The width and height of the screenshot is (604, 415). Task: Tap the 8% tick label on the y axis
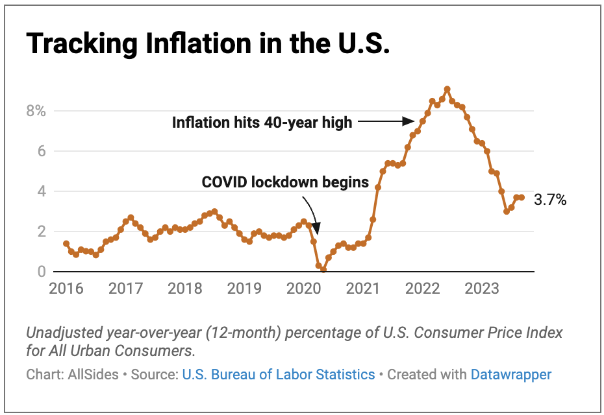[x=36, y=111]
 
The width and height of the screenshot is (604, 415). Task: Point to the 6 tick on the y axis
[x=40, y=151]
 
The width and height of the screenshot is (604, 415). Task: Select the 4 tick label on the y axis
[x=40, y=191]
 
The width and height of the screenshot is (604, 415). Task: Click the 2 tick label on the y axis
[x=40, y=231]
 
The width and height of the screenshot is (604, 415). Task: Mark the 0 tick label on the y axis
[x=40, y=272]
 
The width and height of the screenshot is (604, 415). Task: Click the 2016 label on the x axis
[x=66, y=289]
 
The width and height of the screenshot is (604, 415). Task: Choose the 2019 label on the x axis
[x=244, y=289]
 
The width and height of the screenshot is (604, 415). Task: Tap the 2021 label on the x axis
[x=364, y=289]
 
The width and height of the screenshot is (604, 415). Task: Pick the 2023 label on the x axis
[x=483, y=289]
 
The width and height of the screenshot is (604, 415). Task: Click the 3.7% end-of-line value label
[x=550, y=200]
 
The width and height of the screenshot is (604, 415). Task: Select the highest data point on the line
[x=447, y=89]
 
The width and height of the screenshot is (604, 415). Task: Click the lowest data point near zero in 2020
[x=323, y=270]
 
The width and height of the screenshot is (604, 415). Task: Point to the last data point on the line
[x=522, y=197]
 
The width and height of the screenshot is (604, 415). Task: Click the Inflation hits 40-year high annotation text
[x=262, y=122]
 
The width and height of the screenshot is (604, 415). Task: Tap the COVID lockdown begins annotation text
[x=285, y=183]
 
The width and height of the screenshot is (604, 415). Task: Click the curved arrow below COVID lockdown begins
[x=312, y=214]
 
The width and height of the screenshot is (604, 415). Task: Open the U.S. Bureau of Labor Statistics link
[x=279, y=374]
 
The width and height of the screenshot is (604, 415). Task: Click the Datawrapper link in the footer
[x=510, y=374]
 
